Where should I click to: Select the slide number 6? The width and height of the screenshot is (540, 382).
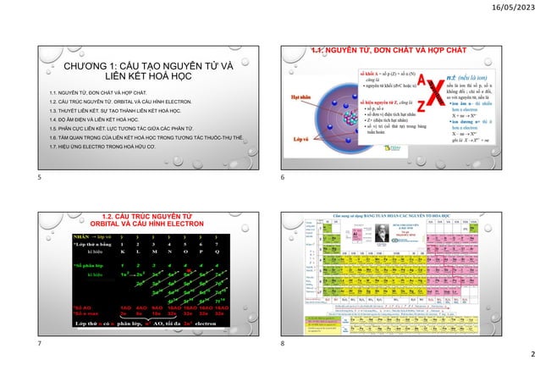click(282, 180)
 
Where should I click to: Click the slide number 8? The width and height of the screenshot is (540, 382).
click(282, 346)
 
